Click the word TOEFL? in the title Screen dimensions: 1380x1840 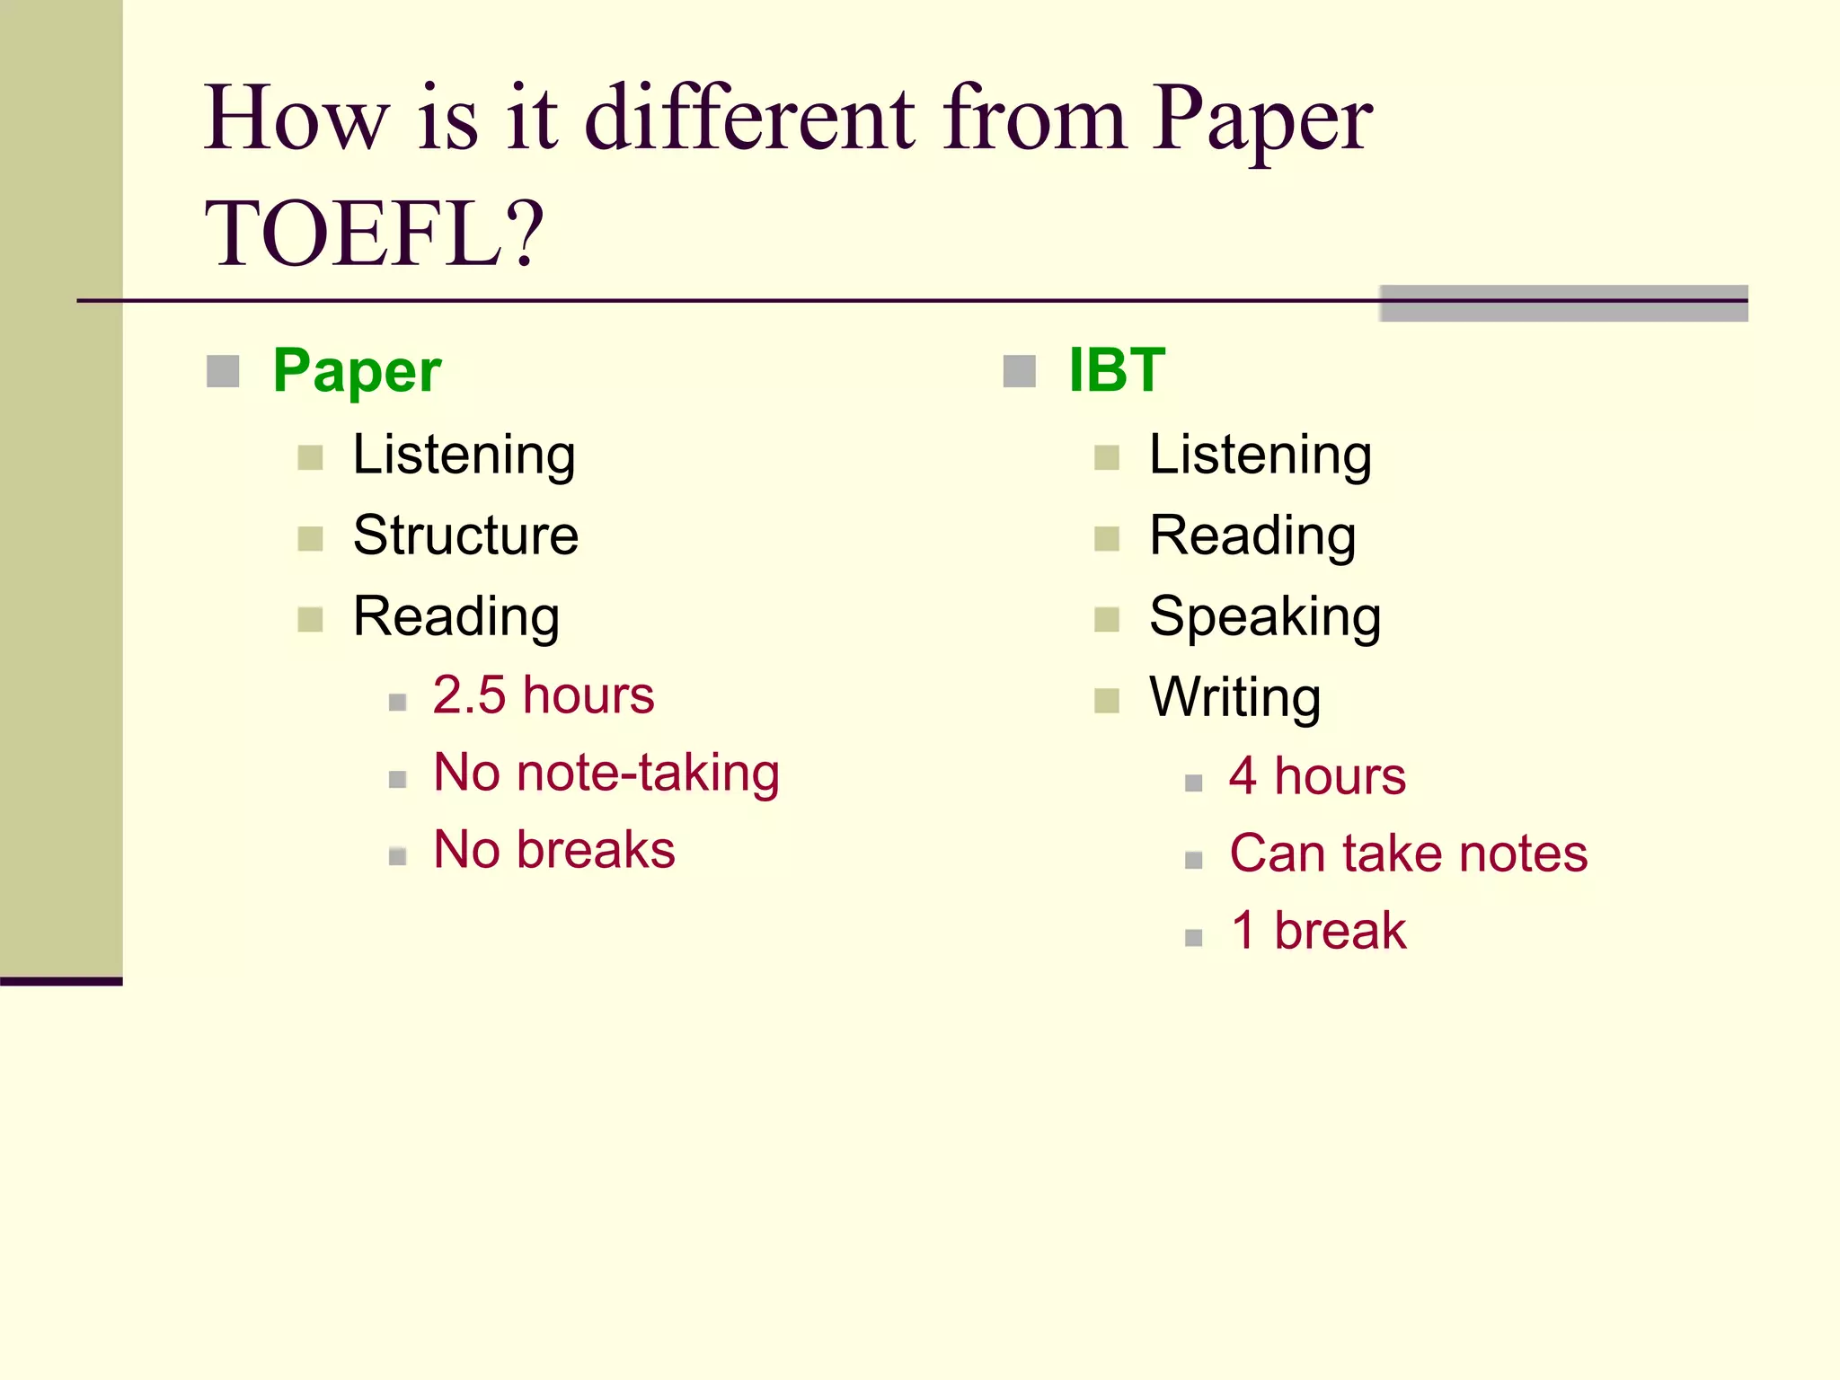coord(374,234)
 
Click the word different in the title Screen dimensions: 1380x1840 coord(750,119)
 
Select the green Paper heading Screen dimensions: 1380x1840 coord(357,371)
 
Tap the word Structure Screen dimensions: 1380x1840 coord(465,536)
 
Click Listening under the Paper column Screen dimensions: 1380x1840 coord(464,456)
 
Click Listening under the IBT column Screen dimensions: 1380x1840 coord(1260,456)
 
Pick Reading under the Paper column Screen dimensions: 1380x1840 coord(456,617)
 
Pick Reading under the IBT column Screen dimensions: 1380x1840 coord(1252,536)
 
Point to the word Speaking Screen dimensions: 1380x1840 coord(1265,617)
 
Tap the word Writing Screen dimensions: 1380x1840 coord(1234,698)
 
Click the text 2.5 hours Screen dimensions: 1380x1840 coord(544,695)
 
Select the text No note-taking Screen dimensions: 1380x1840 coord(606,773)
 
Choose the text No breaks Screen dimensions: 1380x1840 coord(553,850)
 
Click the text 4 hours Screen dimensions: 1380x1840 coord(1317,776)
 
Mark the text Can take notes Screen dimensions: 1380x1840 coord(1408,854)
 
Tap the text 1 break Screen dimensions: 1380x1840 coord(1318,931)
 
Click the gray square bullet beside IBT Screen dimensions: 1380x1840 coord(1019,371)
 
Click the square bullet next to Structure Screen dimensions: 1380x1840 coord(310,539)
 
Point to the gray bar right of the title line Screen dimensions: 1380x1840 coord(1563,304)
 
